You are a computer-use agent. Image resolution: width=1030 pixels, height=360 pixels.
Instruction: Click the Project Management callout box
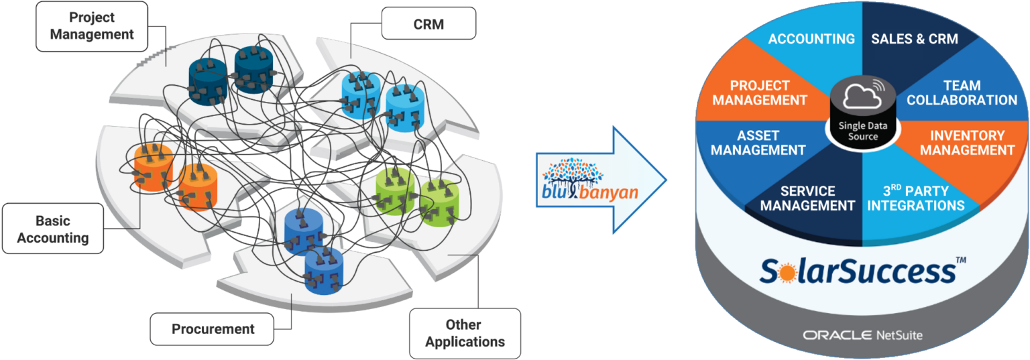coord(92,26)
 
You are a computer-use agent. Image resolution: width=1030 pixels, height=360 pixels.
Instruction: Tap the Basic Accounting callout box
coord(53,229)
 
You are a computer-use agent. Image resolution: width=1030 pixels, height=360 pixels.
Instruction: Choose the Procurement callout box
coord(213,329)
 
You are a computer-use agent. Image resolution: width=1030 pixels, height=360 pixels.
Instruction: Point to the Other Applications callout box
coord(465,333)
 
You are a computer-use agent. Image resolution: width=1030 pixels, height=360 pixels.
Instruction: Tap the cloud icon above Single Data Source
coord(862,98)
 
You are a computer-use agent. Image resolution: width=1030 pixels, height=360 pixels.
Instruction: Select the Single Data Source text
coord(862,131)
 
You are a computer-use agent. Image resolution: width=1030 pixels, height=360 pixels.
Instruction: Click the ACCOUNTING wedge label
coord(811,39)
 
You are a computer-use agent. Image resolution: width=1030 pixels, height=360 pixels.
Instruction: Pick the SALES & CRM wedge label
coord(915,39)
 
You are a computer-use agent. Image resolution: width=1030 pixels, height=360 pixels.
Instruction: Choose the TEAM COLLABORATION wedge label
coord(962,93)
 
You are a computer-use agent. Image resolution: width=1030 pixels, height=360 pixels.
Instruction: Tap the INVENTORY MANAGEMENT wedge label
coord(967,143)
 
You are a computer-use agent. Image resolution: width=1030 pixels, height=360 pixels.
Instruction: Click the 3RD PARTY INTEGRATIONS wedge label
coord(915,198)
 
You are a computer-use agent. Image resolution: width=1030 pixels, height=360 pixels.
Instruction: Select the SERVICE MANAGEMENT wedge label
coord(807,198)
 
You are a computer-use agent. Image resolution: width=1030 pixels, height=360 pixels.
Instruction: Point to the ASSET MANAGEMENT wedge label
coord(758,143)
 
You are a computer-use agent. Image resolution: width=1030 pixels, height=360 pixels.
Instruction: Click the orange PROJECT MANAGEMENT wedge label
coord(760,93)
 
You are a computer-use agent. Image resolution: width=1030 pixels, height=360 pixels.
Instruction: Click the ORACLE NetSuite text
coord(862,334)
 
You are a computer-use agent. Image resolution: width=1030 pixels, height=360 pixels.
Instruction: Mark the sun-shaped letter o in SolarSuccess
coord(785,272)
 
